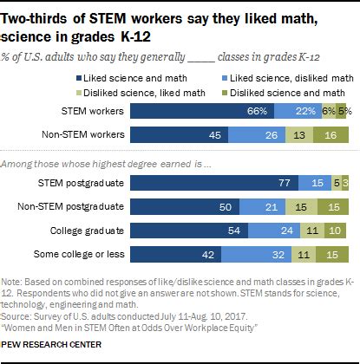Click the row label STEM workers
pyautogui.click(x=93, y=112)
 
